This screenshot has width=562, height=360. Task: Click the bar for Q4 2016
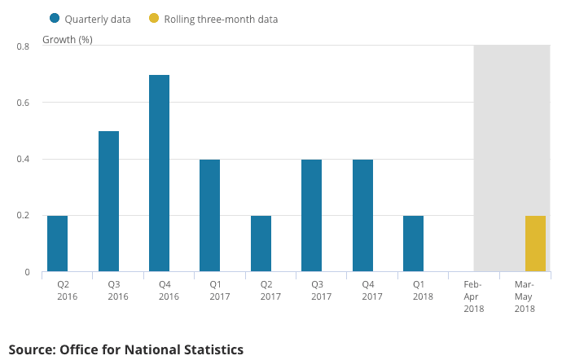coord(159,173)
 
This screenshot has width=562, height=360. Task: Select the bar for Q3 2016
coord(108,201)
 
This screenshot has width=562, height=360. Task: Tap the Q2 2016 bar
coord(57,244)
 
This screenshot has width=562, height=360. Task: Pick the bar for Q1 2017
coord(209,215)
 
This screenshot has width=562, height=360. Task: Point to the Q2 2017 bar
coord(261,244)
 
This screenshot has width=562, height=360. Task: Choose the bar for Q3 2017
coord(311,215)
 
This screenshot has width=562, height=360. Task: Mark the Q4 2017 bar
coord(362,215)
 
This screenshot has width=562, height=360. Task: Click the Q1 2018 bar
coord(413,244)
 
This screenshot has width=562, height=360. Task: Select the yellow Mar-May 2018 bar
coord(535,244)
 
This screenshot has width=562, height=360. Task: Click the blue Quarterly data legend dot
coord(55,19)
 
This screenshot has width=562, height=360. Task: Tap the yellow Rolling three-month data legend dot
coord(154,19)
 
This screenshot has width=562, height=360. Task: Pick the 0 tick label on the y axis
coord(28,272)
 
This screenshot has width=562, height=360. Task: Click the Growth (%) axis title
coord(68,39)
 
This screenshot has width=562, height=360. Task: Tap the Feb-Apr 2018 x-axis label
coord(474,296)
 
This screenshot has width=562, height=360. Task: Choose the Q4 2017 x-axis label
coord(372,291)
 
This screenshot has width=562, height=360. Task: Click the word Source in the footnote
coord(32,349)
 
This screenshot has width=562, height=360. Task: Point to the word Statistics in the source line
coord(209,349)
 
